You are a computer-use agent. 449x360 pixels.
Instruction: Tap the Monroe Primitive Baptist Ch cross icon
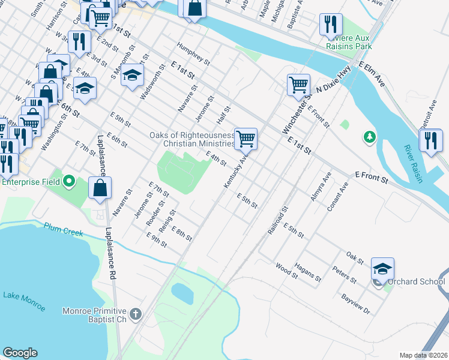136,313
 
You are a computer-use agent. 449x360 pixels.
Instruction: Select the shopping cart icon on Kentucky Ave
246,139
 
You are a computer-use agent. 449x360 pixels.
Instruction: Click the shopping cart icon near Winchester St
298,85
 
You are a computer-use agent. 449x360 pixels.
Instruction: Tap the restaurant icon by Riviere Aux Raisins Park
331,25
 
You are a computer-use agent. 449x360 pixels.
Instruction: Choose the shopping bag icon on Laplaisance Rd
100,187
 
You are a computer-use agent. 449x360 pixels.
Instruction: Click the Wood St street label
287,271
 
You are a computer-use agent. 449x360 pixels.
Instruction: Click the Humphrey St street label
193,53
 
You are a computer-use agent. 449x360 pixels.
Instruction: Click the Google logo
20,353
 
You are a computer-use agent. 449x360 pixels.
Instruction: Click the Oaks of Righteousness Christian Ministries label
192,139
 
